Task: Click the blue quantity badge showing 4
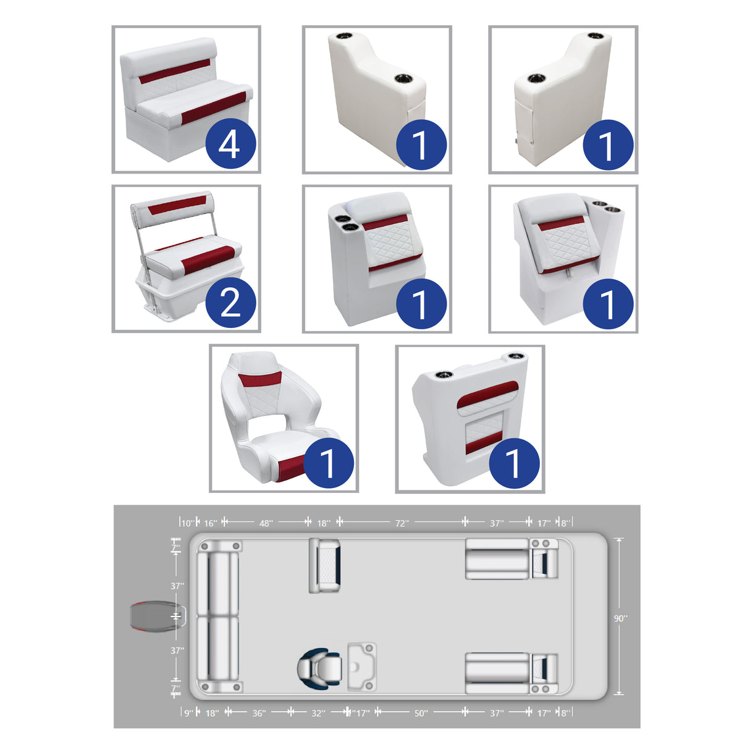(x=230, y=144)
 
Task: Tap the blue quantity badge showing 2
(x=230, y=303)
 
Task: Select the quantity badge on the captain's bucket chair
(x=328, y=463)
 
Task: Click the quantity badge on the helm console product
(x=514, y=463)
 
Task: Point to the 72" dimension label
(x=402, y=523)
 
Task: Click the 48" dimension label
(x=266, y=523)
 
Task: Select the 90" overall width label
(x=620, y=618)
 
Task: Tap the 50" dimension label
(x=421, y=713)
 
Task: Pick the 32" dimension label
(x=318, y=713)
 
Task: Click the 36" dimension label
(x=259, y=713)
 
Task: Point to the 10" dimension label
(x=187, y=523)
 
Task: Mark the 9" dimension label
(x=188, y=713)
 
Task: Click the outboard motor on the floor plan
(x=151, y=617)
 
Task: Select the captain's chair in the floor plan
(x=319, y=668)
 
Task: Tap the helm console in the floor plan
(x=361, y=666)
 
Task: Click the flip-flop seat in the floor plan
(x=325, y=565)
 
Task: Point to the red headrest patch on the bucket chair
(x=260, y=382)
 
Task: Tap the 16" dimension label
(x=211, y=523)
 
